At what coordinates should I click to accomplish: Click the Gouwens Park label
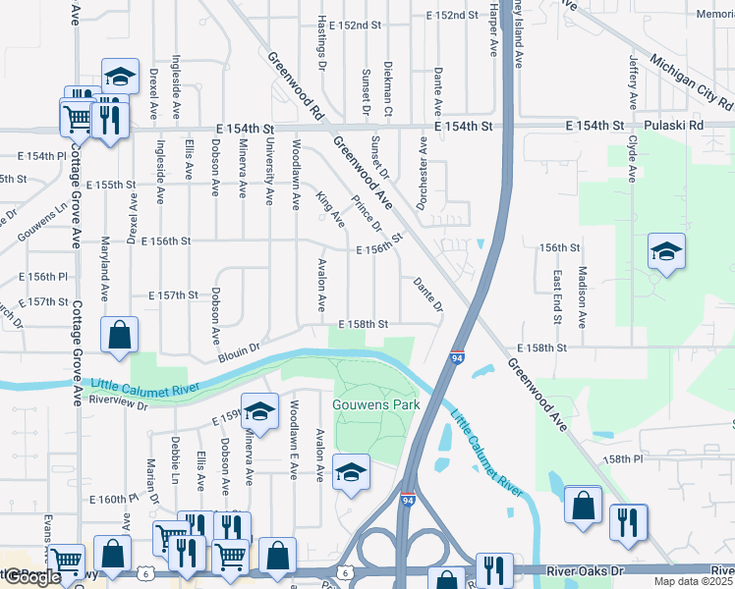coord(377,404)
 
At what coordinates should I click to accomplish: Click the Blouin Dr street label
coord(239,348)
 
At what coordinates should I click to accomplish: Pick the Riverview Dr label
coord(117,401)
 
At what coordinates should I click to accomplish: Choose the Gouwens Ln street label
coord(40,221)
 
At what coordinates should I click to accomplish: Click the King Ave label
coord(329,207)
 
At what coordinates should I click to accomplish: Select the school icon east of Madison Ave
coord(665,253)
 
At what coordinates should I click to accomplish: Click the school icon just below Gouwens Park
coord(351,472)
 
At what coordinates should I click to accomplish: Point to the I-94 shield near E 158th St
coord(458,360)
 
